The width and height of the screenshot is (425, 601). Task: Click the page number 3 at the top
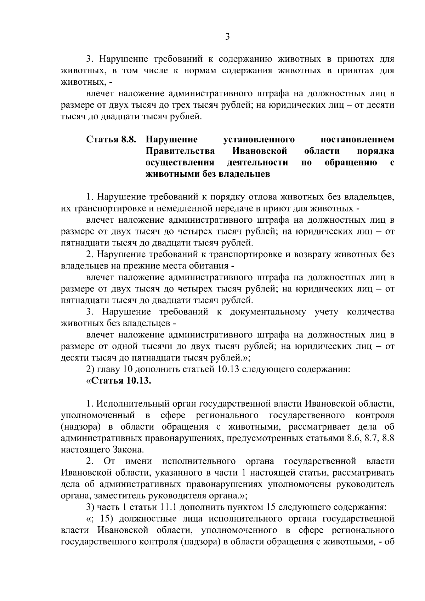click(x=227, y=36)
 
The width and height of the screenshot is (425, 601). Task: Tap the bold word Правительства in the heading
click(x=180, y=151)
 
